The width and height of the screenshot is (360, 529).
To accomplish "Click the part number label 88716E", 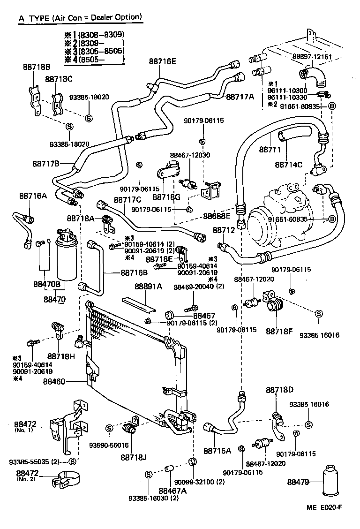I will tap(163, 61).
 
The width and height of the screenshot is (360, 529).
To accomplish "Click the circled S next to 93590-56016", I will tap(109, 428).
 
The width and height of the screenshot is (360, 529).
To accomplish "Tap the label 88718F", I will tap(279, 331).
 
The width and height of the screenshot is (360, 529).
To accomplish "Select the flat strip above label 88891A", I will tap(138, 304).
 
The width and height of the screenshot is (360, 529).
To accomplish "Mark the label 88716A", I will tap(33, 195).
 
